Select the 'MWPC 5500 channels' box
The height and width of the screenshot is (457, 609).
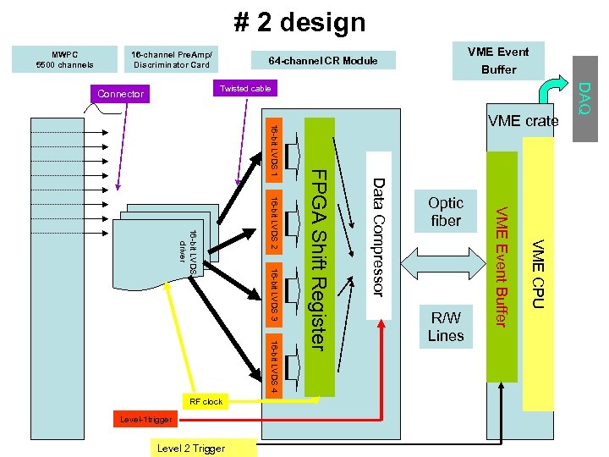[65, 58]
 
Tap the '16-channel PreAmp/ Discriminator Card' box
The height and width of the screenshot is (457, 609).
[170, 58]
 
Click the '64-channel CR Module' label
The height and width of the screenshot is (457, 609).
[322, 61]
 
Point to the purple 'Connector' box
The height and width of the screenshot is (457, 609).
[120, 94]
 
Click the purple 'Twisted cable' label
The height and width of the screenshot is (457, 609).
[244, 89]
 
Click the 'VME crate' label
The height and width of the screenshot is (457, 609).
[523, 121]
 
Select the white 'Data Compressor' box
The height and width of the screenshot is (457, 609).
[379, 236]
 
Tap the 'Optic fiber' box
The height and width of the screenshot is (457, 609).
[446, 212]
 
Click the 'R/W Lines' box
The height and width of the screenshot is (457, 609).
[446, 327]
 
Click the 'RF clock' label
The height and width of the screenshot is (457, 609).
[206, 401]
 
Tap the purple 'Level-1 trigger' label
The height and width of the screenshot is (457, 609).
[145, 419]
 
